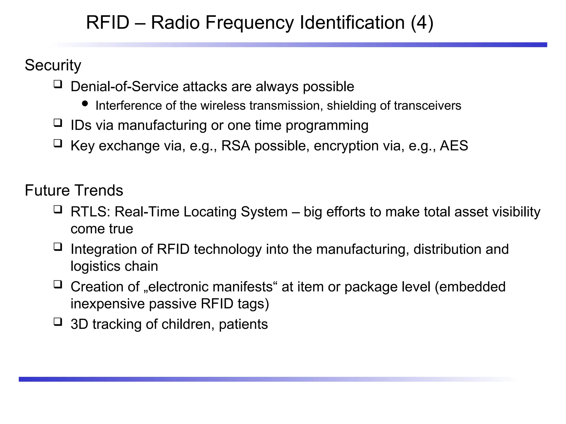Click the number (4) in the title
(x=422, y=23)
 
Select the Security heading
(x=53, y=65)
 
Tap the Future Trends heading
(x=74, y=190)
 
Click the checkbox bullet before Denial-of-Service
(x=58, y=84)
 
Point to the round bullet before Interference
(x=85, y=104)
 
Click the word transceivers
(x=427, y=106)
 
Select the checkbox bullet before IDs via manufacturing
(x=58, y=123)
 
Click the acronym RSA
(x=236, y=146)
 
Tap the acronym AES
(x=454, y=146)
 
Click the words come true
(x=102, y=229)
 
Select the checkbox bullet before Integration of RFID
(x=58, y=247)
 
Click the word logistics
(x=95, y=266)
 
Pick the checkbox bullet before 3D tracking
(x=58, y=322)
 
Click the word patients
(x=243, y=324)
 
